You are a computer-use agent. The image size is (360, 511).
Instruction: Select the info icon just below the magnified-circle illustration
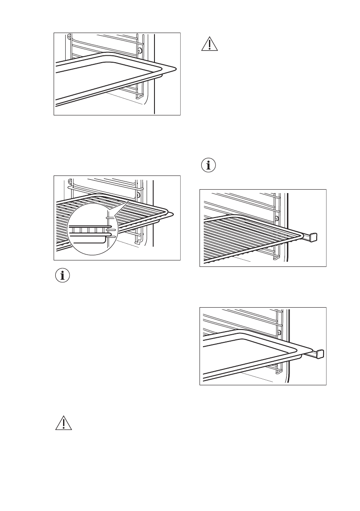(63, 276)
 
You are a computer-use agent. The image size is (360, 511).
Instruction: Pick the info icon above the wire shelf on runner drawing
(209, 166)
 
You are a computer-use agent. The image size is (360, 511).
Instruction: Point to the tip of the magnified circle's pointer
(129, 202)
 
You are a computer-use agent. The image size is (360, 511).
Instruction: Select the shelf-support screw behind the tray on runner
(279, 333)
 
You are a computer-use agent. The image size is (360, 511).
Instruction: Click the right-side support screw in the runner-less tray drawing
(139, 51)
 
